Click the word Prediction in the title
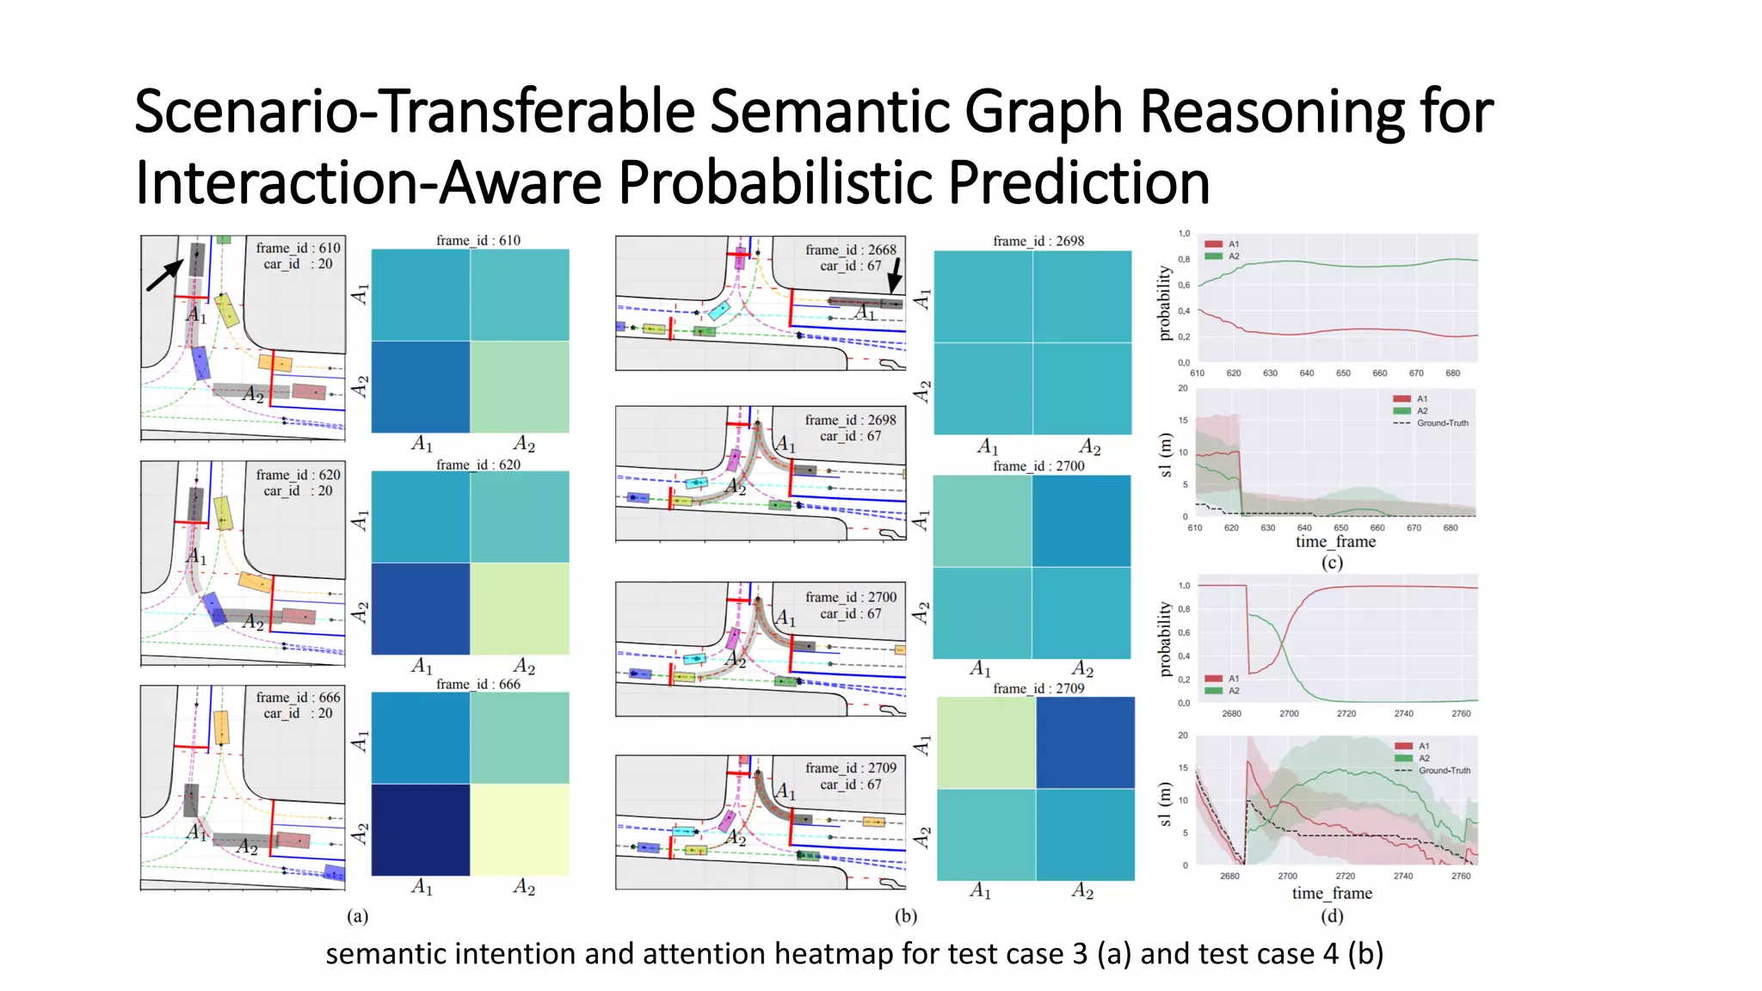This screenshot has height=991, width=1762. [x=1079, y=183]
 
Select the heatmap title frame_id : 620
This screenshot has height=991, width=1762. [x=477, y=465]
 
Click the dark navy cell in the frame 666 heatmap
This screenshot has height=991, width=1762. [x=421, y=829]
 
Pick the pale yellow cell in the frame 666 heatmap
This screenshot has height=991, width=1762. [x=520, y=829]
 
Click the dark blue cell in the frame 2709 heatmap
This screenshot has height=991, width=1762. [x=1085, y=742]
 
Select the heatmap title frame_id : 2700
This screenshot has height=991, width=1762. [x=1038, y=465]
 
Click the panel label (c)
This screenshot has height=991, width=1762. [x=1332, y=563]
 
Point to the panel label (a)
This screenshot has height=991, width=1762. [x=357, y=916]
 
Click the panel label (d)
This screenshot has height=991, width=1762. [x=1332, y=915]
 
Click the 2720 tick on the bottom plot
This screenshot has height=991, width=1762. [x=1346, y=876]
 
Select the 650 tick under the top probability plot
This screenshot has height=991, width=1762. [x=1343, y=373]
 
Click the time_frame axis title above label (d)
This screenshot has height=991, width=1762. [x=1332, y=893]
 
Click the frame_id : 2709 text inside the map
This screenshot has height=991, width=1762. [x=850, y=767]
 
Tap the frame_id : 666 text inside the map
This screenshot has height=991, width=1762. [x=298, y=697]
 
